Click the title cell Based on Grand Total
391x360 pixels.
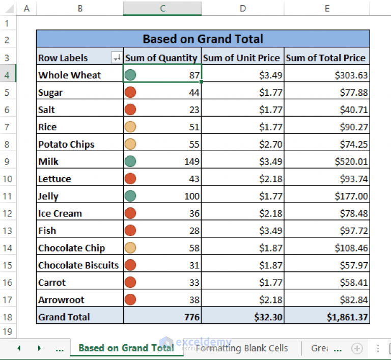point(203,39)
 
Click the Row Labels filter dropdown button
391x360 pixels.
point(117,58)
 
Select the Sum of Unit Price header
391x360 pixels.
point(242,58)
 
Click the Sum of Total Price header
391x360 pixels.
point(326,58)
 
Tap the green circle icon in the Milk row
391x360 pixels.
point(130,161)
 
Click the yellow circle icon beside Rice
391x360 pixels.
point(130,127)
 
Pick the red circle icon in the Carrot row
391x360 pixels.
point(130,283)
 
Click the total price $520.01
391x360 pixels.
point(351,161)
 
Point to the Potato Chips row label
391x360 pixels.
point(66,144)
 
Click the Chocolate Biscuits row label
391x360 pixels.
point(78,265)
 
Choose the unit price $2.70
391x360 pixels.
point(270,144)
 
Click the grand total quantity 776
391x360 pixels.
point(191,317)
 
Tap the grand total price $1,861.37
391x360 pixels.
point(347,317)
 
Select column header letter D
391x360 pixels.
point(242,8)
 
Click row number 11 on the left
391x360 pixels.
point(8,196)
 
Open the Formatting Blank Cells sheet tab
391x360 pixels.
point(242,348)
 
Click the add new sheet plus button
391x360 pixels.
point(357,348)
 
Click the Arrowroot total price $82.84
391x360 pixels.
point(354,300)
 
